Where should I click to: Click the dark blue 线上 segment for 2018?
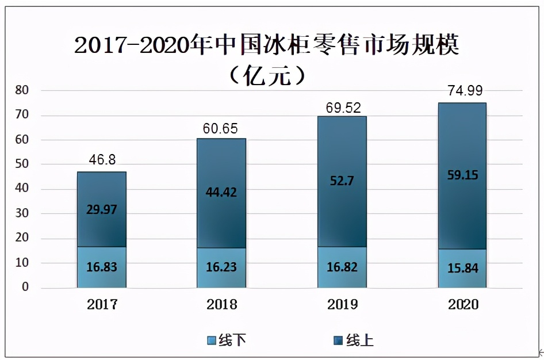[x=221, y=173]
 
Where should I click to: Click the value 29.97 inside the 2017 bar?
[x=102, y=210]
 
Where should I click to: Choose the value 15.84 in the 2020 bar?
[x=462, y=269]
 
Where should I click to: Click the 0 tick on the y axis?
[x=25, y=287]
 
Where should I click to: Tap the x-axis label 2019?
[x=342, y=305]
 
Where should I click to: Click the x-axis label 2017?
[x=102, y=305]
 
